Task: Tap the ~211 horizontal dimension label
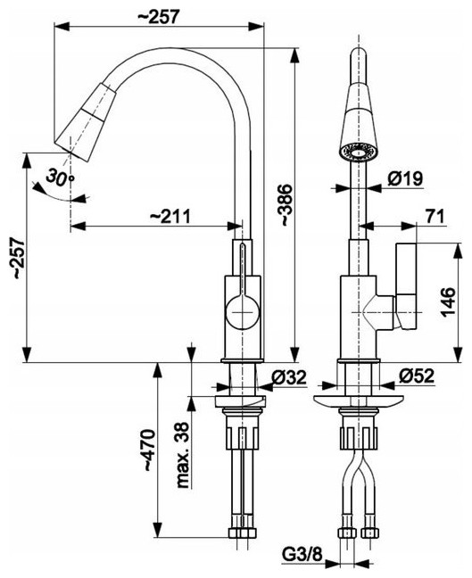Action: click(170, 215)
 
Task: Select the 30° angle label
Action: click(60, 177)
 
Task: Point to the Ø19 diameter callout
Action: click(405, 178)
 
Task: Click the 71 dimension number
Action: click(435, 216)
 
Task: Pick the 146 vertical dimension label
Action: click(448, 301)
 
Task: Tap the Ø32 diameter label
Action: click(289, 377)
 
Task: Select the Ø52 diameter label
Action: click(417, 376)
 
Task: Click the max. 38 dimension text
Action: click(183, 455)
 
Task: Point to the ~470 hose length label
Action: click(149, 450)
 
